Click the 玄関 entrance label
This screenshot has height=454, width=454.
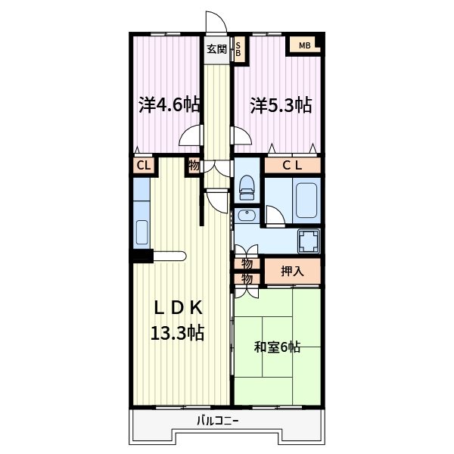[x=216, y=49]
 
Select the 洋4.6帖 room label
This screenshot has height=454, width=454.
[x=169, y=105]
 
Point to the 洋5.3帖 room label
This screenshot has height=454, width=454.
[x=281, y=105]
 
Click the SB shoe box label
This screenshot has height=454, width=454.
[x=238, y=49]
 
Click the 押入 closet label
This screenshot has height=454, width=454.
[x=292, y=271]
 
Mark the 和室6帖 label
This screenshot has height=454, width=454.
[x=277, y=347]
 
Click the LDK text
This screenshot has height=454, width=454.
[x=179, y=307]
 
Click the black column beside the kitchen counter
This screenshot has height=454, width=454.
[x=141, y=256]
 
